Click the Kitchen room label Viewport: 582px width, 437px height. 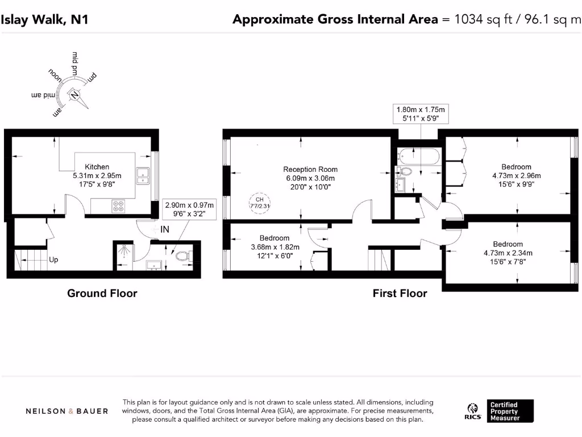pyautogui.click(x=97, y=167)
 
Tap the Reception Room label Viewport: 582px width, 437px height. pyautogui.click(x=310, y=169)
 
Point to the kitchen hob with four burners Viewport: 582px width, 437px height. pyautogui.click(x=119, y=206)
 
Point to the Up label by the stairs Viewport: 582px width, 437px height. pyautogui.click(x=53, y=259)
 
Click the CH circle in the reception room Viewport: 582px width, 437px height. pyautogui.click(x=259, y=202)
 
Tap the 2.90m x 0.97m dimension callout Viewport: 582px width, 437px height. pyautogui.click(x=189, y=209)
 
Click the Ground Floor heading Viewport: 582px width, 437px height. pyautogui.click(x=102, y=294)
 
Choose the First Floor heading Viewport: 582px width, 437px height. pyautogui.click(x=400, y=294)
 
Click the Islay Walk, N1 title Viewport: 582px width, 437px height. pyautogui.click(x=45, y=20)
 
